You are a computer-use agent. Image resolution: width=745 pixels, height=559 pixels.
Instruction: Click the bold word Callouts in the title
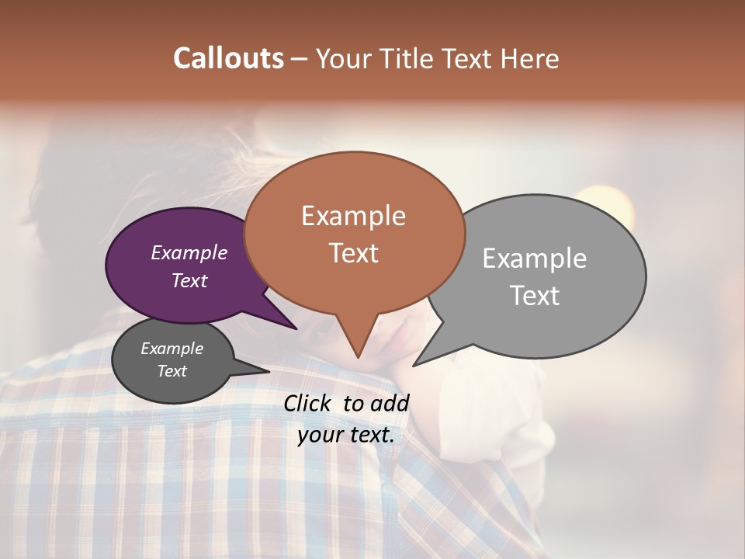[x=228, y=58]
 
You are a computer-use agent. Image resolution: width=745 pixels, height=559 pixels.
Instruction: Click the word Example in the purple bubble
[x=189, y=252]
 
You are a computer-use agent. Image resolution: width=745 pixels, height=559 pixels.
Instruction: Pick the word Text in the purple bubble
[x=189, y=280]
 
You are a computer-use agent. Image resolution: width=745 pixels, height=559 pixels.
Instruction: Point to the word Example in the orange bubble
[x=353, y=216]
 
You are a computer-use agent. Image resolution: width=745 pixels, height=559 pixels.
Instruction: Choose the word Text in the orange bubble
[x=354, y=253]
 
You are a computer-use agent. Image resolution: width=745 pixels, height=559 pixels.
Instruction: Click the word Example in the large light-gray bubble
[x=535, y=259]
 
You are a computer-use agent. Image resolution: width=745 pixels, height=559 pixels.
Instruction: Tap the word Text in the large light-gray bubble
[x=535, y=296]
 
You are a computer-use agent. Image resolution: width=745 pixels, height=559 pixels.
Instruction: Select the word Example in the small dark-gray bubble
[x=172, y=349]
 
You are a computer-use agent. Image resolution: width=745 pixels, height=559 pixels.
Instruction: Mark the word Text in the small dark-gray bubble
[x=172, y=371]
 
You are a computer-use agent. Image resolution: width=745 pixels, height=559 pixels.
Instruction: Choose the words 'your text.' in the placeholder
[x=346, y=435]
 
